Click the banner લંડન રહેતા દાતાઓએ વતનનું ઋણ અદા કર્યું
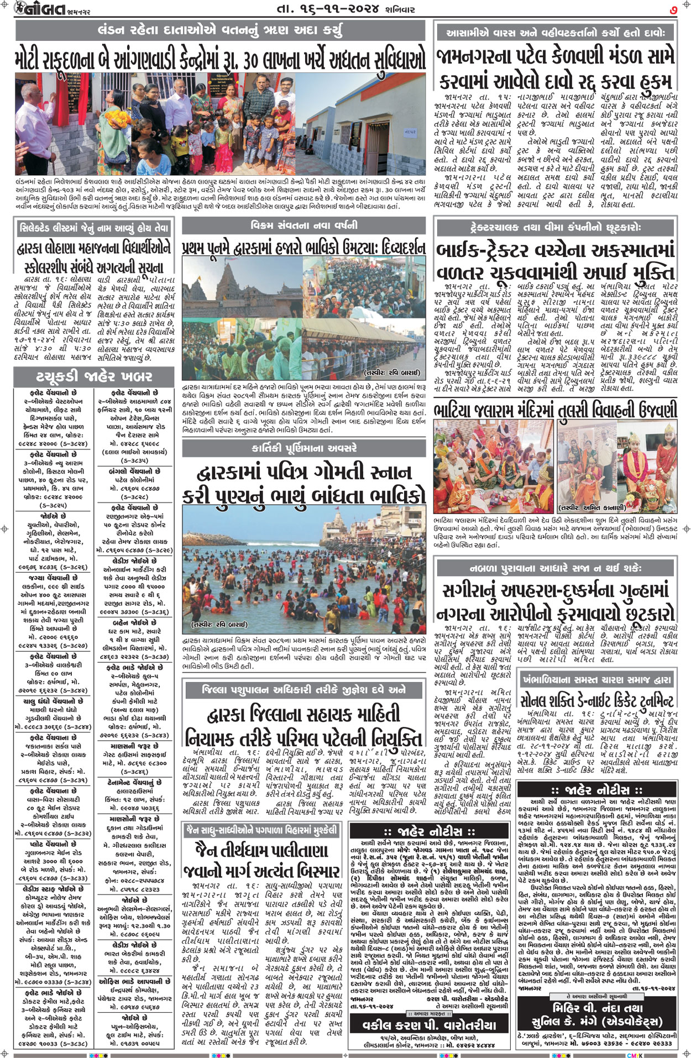click(220, 31)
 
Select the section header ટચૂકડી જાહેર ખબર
click(94, 377)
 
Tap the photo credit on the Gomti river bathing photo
click(219, 625)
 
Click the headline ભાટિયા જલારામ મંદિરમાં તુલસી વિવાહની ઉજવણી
click(555, 410)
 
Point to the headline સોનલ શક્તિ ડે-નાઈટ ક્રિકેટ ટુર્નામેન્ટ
click(598, 700)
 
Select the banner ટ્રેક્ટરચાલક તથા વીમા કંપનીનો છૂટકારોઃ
click(556, 227)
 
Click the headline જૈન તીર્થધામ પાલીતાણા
click(261, 851)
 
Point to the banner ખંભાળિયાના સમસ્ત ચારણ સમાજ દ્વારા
click(598, 679)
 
